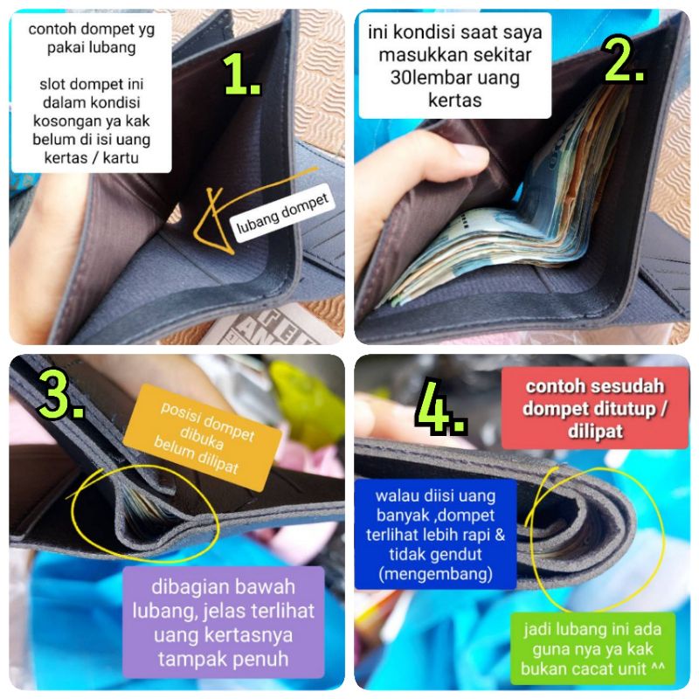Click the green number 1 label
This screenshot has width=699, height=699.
pyautogui.click(x=242, y=74)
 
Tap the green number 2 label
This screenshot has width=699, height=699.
pyautogui.click(x=623, y=59)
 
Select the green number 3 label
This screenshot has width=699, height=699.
pyautogui.click(x=61, y=393)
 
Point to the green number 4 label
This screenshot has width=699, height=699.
pyautogui.click(x=441, y=406)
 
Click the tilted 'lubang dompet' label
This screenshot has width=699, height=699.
pyautogui.click(x=282, y=212)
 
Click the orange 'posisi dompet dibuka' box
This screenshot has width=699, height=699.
pyautogui.click(x=202, y=438)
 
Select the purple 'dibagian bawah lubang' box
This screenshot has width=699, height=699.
pyautogui.click(x=223, y=622)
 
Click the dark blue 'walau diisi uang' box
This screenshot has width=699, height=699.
pyautogui.click(x=435, y=534)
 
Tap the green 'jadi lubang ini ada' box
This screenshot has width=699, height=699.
pyautogui.click(x=592, y=648)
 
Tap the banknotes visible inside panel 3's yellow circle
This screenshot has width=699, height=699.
pyautogui.click(x=142, y=508)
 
